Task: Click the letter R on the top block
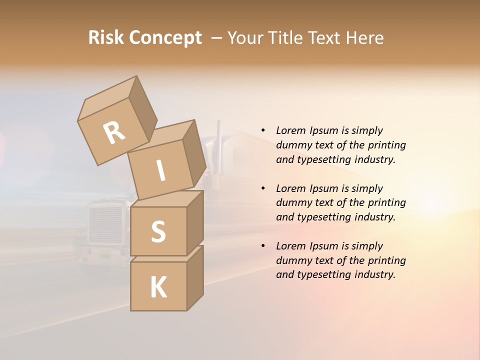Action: [114, 133]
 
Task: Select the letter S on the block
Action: [158, 231]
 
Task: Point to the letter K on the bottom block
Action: [158, 287]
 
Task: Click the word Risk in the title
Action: [105, 37]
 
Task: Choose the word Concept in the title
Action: [165, 38]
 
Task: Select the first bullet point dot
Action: [263, 130]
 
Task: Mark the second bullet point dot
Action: [263, 188]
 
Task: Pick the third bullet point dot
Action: [263, 246]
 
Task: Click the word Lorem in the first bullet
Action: [290, 130]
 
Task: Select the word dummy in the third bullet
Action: [292, 260]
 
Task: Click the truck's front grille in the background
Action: [105, 225]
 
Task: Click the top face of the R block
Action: [107, 97]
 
